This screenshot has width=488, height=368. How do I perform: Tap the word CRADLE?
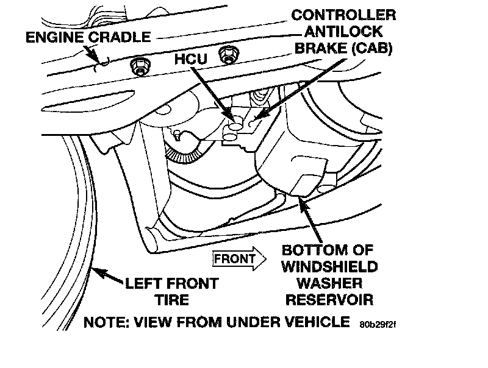point(120,37)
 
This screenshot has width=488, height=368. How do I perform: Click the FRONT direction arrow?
point(240,259)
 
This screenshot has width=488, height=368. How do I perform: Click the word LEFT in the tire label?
point(142,284)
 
